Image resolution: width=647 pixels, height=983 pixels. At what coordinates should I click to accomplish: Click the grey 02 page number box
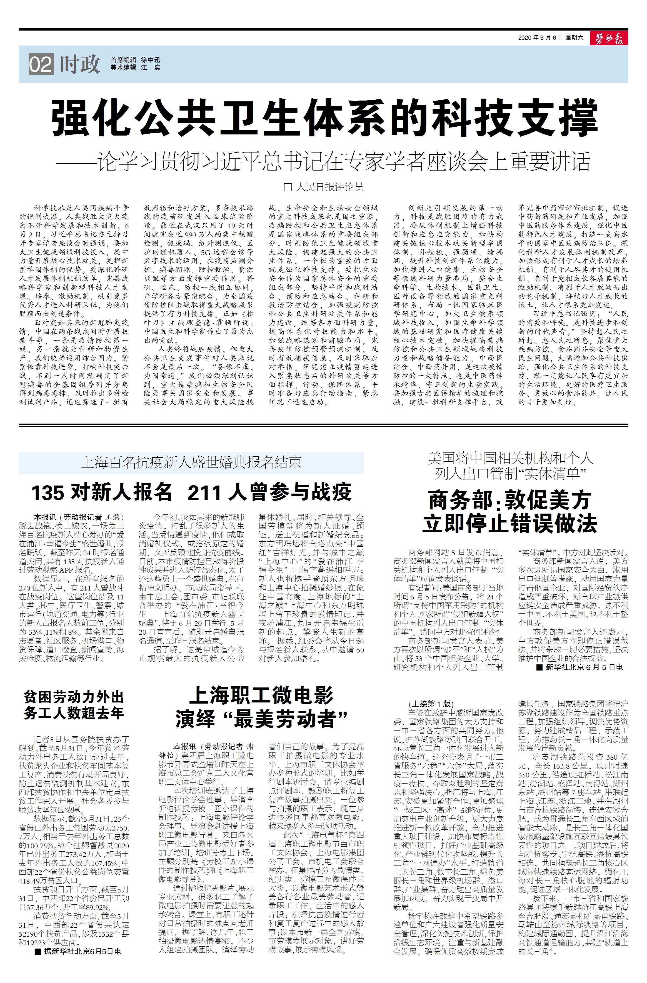[x=41, y=65]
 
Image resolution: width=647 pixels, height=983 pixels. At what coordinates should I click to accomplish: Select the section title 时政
[x=80, y=64]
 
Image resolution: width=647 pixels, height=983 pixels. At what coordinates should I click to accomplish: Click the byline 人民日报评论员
[x=330, y=187]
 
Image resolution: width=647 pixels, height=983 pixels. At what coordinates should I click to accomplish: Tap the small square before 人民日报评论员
[x=288, y=187]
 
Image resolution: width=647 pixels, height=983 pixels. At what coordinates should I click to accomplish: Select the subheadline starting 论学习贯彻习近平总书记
[x=323, y=161]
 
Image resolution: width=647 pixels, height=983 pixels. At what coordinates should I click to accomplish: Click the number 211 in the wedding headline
[x=204, y=492]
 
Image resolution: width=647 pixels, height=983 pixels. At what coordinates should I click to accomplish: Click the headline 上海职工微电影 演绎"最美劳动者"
[x=261, y=707]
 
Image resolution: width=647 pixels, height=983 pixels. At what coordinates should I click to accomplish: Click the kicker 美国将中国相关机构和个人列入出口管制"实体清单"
[x=510, y=466]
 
